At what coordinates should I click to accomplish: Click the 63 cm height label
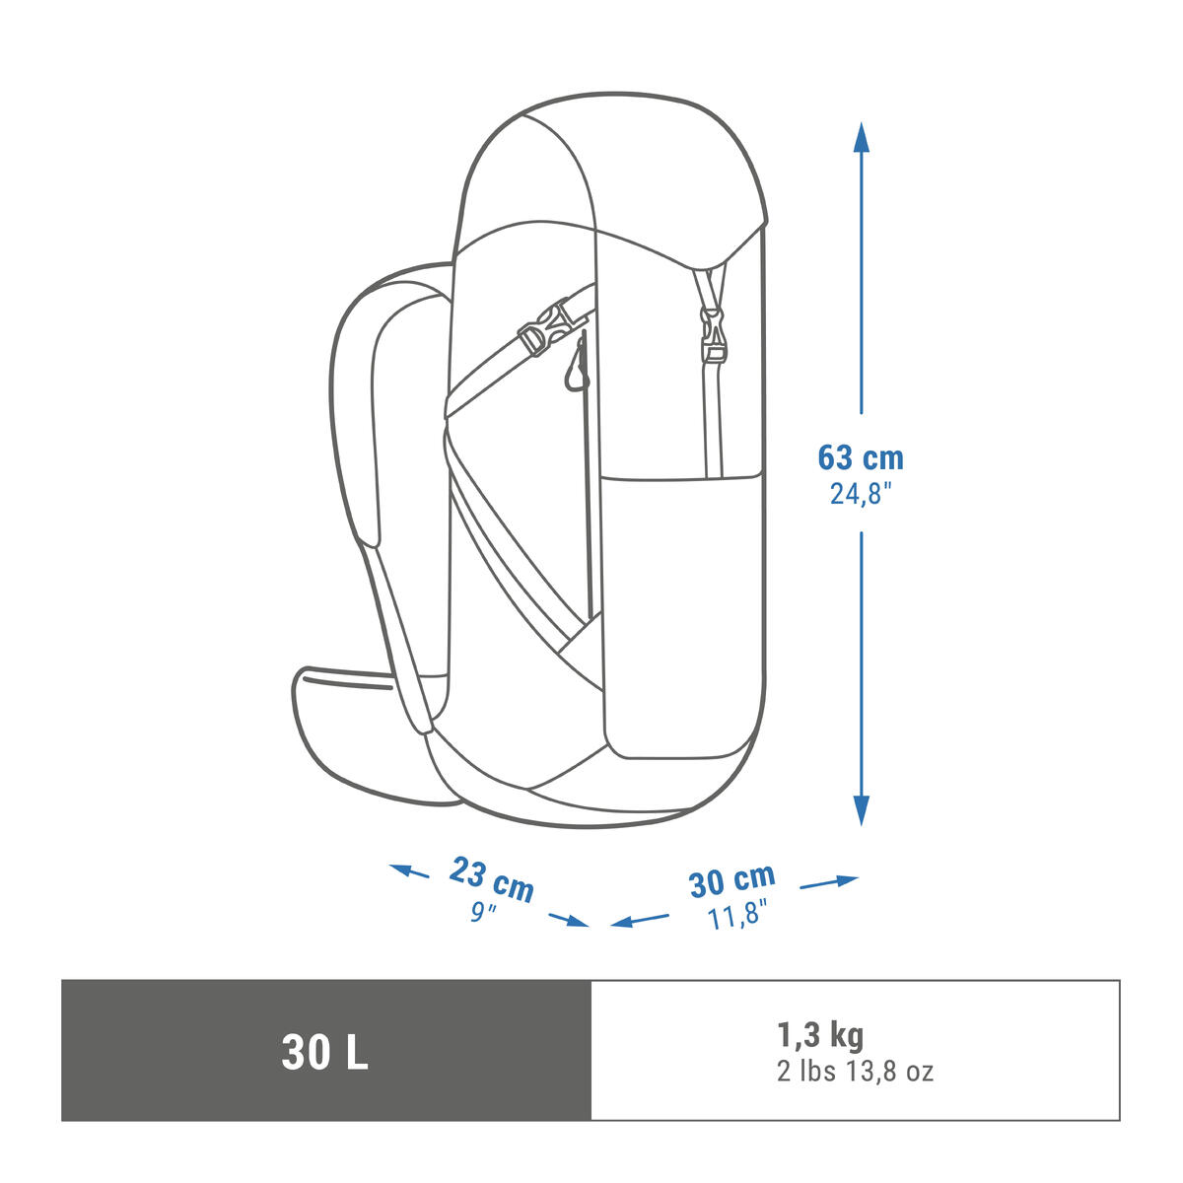pyautogui.click(x=860, y=457)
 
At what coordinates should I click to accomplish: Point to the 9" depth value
pyautogui.click(x=482, y=913)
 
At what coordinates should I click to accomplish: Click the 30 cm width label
pyautogui.click(x=731, y=879)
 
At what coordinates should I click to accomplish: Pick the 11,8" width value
pyautogui.click(x=737, y=917)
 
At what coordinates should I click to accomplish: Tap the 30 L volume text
pyautogui.click(x=324, y=1053)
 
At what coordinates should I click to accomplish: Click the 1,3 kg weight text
pyautogui.click(x=819, y=1034)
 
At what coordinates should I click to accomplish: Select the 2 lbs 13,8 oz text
pyautogui.click(x=854, y=1072)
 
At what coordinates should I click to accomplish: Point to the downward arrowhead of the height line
pyautogui.click(x=861, y=810)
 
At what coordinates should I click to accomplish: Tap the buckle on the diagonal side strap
pyautogui.click(x=545, y=328)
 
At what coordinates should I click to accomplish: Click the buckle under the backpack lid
pyautogui.click(x=711, y=333)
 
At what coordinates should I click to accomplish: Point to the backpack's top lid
pyautogui.click(x=611, y=168)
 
